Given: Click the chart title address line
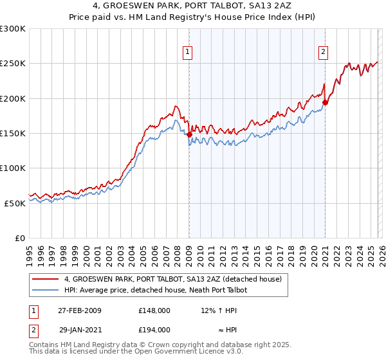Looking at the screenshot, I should [193, 6].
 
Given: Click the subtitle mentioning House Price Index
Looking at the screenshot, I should [193, 17].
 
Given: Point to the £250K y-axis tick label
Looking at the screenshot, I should [13, 64].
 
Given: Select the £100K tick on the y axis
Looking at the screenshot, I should [13, 168].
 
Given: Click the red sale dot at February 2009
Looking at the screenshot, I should [189, 134].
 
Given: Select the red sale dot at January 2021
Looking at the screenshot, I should [326, 102].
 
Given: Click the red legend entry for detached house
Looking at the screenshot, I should [172, 279].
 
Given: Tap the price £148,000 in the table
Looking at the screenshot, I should [154, 310].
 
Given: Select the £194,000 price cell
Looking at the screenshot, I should [154, 329].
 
